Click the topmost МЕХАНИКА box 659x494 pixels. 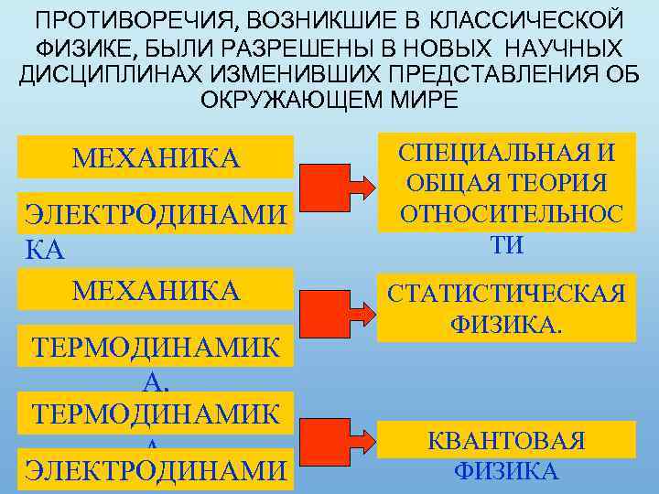(156, 157)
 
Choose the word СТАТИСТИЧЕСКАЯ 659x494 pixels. (506, 294)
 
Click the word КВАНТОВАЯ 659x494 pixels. (505, 441)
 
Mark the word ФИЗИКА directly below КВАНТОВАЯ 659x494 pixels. (505, 471)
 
